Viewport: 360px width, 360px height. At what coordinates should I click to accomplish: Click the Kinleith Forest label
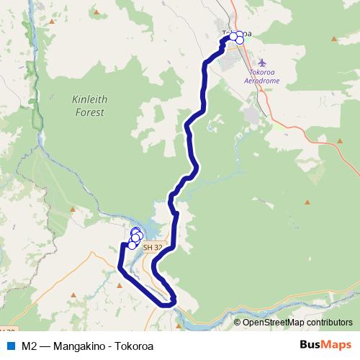89,107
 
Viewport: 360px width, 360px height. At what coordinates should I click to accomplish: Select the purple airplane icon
261,63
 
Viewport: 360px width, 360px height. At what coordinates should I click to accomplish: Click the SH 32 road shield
153,247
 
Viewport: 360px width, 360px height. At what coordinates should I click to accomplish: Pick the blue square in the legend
10,346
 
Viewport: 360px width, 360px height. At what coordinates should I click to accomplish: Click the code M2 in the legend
30,346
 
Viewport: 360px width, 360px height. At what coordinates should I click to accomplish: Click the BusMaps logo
325,346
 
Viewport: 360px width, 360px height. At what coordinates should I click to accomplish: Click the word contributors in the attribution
328,323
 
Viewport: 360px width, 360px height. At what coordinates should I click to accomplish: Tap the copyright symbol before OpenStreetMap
238,323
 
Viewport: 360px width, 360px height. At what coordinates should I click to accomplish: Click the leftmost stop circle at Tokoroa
233,36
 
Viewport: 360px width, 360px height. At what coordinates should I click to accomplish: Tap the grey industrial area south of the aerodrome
252,114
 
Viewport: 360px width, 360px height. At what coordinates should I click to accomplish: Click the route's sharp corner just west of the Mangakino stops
122,246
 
